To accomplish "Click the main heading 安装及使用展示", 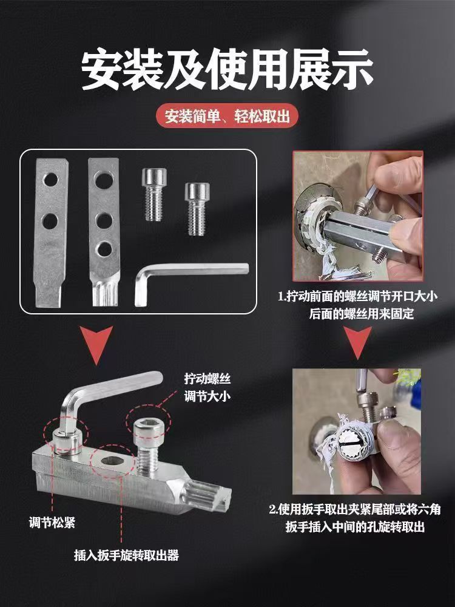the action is (x=227, y=70).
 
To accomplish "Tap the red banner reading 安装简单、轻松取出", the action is (x=227, y=116).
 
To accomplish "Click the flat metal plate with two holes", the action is (x=51, y=232).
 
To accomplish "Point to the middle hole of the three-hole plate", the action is (x=104, y=221).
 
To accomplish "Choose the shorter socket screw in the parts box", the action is (x=197, y=209).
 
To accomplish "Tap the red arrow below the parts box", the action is (x=96, y=344).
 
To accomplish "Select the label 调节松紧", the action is (x=52, y=523).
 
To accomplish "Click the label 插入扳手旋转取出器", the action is (x=127, y=555).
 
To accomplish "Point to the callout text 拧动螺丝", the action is (x=207, y=379).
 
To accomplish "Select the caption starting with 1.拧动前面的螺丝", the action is (x=358, y=305).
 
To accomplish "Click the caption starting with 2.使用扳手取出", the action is (x=355, y=518).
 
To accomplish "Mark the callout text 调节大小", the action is (x=207, y=397).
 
